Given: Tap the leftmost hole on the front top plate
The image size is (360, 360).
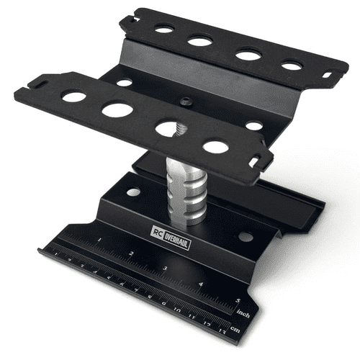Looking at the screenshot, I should click(73, 95).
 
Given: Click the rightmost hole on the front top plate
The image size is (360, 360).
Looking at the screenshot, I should click(215, 147).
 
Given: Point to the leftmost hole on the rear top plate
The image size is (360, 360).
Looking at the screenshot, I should click(164, 30).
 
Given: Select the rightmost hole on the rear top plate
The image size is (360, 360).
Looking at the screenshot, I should click(292, 66).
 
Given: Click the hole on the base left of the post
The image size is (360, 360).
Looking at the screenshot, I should click(133, 192).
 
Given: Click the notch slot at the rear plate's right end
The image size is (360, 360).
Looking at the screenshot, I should click(328, 74).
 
